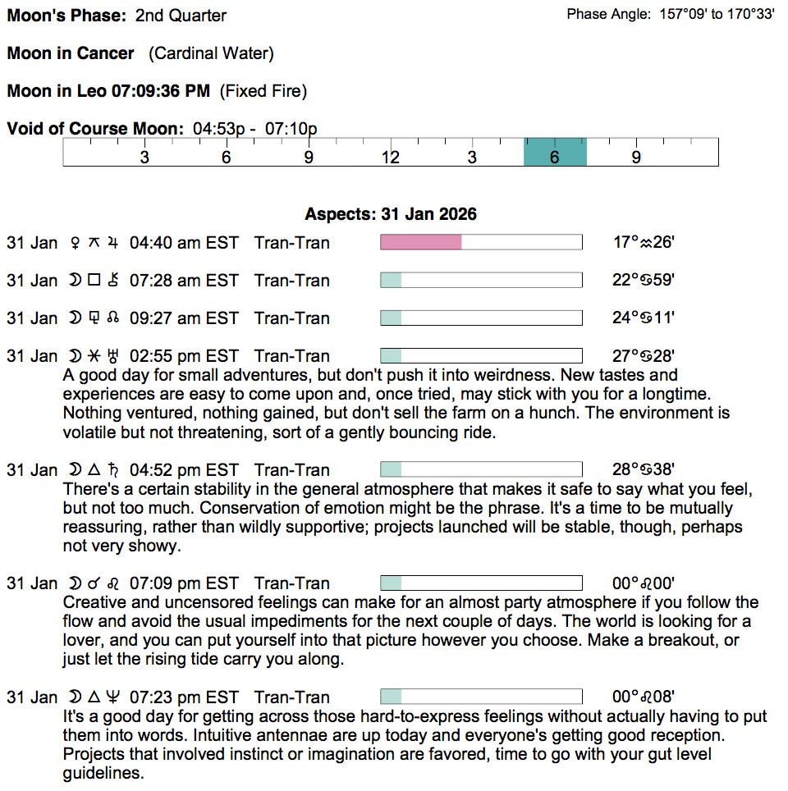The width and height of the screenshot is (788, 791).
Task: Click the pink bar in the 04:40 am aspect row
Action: pos(421,242)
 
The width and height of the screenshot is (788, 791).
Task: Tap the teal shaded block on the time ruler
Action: pos(555,152)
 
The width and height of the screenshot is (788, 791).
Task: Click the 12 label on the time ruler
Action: pos(390,157)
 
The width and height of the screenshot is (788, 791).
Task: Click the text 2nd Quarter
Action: pos(181,16)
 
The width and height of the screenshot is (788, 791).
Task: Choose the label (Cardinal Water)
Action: pos(211,53)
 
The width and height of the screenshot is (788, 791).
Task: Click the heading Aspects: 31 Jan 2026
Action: pos(391,214)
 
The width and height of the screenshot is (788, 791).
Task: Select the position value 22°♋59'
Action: pos(644,281)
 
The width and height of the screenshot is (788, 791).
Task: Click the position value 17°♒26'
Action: pos(644,243)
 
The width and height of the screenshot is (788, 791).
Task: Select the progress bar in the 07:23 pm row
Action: pos(481,697)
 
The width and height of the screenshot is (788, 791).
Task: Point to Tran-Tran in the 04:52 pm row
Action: pos(292,470)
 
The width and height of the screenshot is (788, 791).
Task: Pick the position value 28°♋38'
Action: pos(644,470)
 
